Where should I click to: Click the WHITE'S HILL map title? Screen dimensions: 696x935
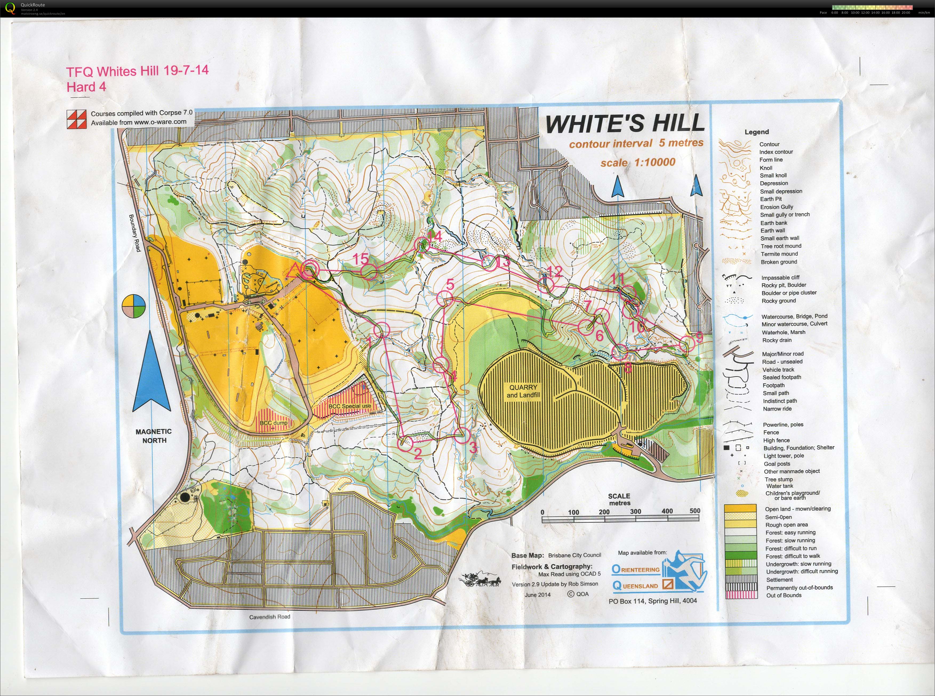click(x=625, y=123)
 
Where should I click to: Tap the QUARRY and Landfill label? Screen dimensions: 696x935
click(x=523, y=391)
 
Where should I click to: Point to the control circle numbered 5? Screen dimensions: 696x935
click(x=445, y=299)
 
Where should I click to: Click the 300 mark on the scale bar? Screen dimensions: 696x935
click(x=635, y=512)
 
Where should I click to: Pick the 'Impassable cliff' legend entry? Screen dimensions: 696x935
click(x=780, y=278)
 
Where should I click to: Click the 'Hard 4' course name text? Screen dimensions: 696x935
click(x=86, y=87)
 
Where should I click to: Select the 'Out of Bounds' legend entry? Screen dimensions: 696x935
click(x=783, y=595)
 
